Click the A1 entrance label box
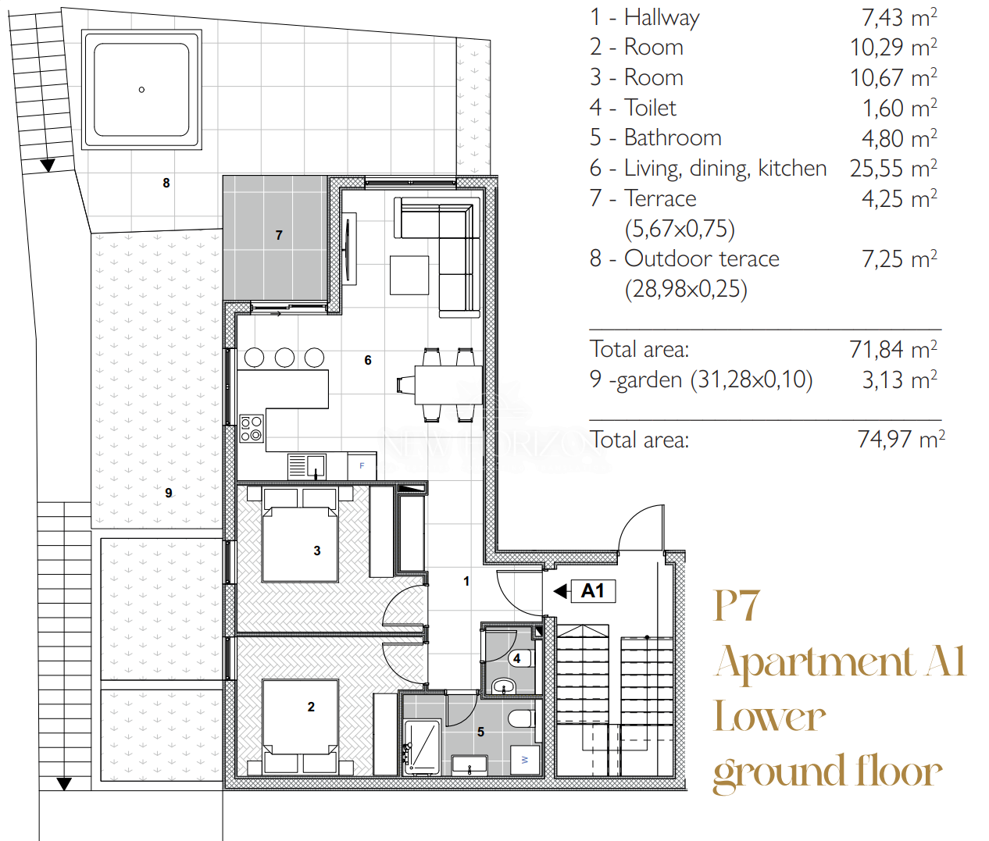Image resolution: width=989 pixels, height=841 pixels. point(593,591)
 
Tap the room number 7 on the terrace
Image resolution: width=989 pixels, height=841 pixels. point(279,235)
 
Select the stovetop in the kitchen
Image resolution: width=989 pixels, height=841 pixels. point(252,428)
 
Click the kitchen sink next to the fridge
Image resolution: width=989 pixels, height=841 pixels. point(307,466)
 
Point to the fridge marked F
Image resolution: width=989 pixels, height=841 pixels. point(362,466)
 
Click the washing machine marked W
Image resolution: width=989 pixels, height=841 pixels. point(525,760)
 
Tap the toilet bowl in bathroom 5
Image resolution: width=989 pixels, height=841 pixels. point(522,718)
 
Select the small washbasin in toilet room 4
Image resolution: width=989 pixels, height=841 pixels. point(503,686)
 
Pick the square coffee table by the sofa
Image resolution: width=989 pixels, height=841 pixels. point(409,275)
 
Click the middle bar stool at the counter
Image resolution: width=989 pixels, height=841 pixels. point(284,358)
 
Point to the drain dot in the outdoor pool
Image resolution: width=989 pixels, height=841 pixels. point(141,90)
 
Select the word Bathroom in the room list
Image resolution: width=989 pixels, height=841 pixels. point(673,137)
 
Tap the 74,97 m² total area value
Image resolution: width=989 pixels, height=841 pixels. point(901,439)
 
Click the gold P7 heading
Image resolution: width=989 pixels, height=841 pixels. point(737,605)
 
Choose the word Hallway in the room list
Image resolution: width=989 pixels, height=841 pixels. point(662,18)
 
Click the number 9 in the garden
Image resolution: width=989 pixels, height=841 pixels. point(169,493)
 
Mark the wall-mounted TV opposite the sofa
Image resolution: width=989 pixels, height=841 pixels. point(348,248)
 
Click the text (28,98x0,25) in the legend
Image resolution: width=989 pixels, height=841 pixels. point(686,290)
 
